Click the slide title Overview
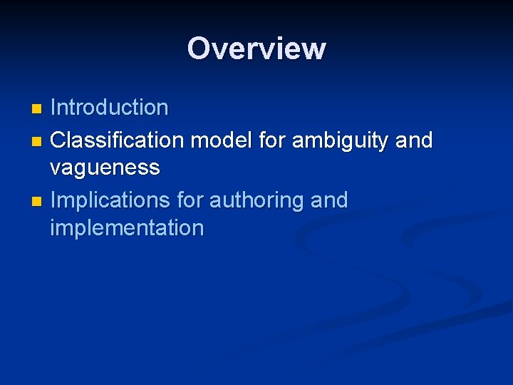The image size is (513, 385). tap(256, 48)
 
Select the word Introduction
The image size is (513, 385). tap(109, 108)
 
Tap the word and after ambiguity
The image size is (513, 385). tap(414, 140)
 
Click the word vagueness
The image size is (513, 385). tap(105, 169)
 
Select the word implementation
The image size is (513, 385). tap(127, 229)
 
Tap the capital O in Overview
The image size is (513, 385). tap(198, 48)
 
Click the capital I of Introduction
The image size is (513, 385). tap(54, 108)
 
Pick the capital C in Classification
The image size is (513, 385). tap(58, 140)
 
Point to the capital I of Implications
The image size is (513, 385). tap(54, 200)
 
